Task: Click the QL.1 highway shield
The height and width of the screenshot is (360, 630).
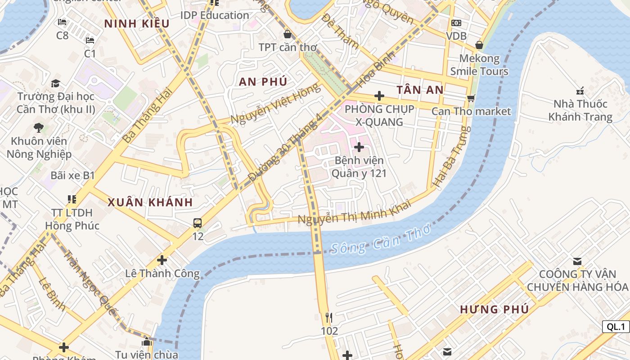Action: point(616,327)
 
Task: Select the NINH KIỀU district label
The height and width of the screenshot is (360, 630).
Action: point(137,24)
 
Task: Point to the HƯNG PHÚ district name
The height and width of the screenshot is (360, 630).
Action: point(494,309)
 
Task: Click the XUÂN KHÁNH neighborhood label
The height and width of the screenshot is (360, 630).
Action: point(150,202)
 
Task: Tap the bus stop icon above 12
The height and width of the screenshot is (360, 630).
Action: point(198,223)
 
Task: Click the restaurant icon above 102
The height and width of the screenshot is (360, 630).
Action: point(329,318)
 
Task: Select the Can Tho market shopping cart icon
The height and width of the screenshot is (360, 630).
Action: point(471,98)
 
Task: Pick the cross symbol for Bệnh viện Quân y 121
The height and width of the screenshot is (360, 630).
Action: point(359,147)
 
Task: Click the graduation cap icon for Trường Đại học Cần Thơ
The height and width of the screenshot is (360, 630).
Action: point(55,83)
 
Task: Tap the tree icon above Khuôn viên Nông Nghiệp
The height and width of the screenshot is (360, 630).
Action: point(39,127)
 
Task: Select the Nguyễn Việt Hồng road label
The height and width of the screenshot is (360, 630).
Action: point(276,104)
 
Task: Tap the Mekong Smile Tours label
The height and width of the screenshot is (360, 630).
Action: point(479,65)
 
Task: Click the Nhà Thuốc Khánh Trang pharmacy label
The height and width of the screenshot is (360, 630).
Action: point(580,110)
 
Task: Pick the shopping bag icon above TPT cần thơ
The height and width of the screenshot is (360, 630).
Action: point(287,34)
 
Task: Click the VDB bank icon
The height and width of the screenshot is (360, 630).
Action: point(456,23)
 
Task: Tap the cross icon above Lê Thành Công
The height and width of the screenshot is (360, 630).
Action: point(162,260)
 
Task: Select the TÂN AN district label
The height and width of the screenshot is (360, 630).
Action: point(420,90)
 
